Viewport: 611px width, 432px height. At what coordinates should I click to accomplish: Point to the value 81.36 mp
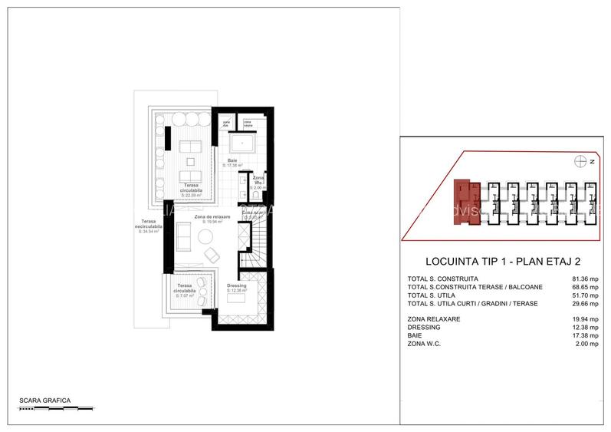pyautogui.click(x=581, y=279)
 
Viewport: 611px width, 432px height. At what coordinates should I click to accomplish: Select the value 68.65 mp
pyautogui.click(x=581, y=287)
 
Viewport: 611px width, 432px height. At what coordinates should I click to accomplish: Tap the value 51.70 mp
pyautogui.click(x=581, y=295)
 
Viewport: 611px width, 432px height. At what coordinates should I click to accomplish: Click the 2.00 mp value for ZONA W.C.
pyautogui.click(x=583, y=342)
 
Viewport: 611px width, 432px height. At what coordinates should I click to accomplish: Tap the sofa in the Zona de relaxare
pyautogui.click(x=185, y=237)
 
